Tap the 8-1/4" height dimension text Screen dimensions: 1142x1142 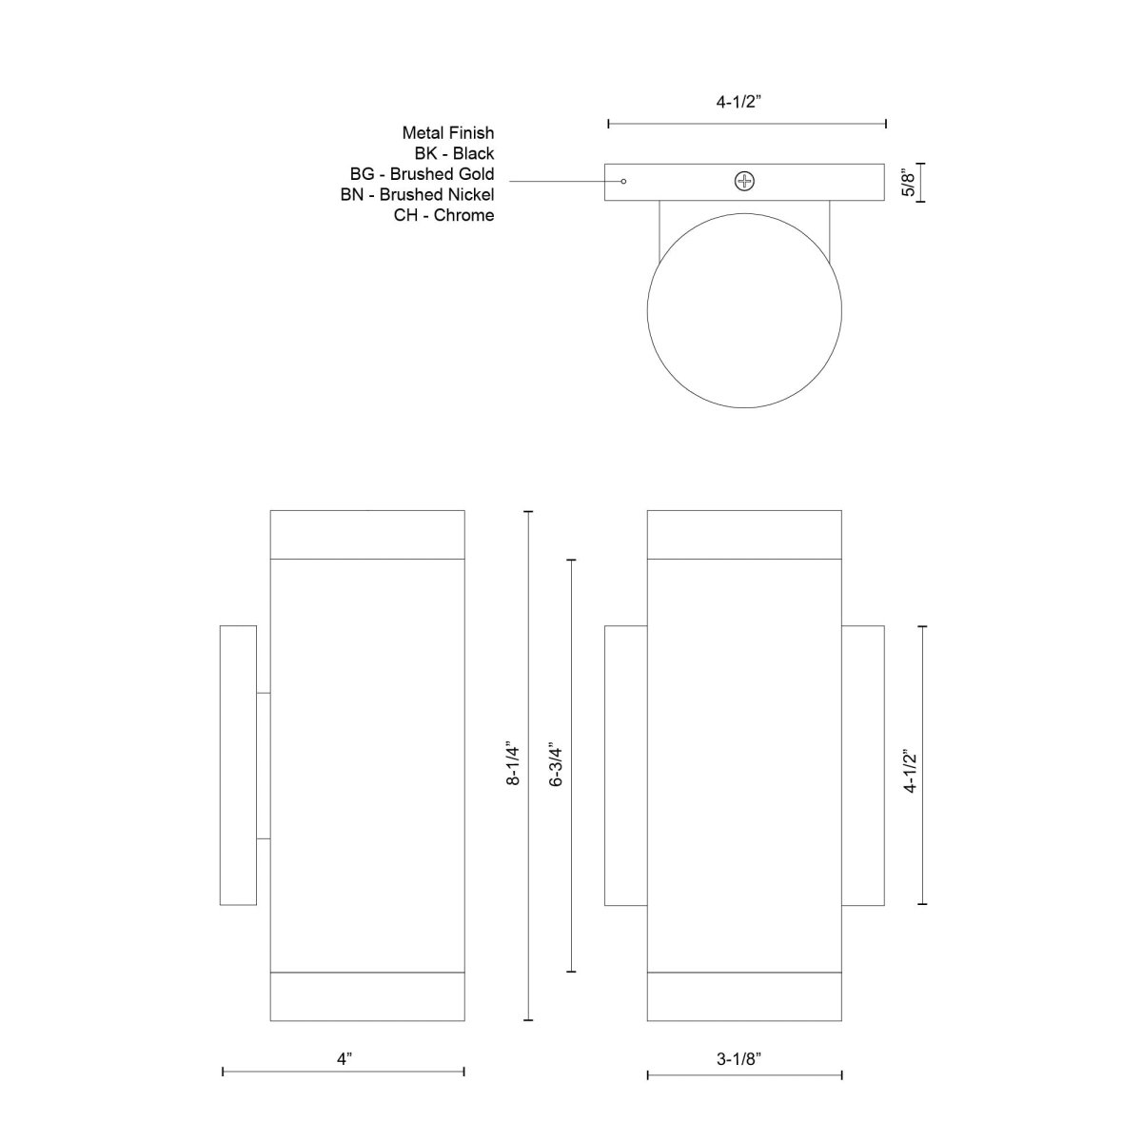(x=514, y=763)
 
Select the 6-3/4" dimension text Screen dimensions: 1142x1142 (x=557, y=763)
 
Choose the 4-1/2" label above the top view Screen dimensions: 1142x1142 (x=746, y=102)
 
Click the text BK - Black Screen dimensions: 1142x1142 (x=454, y=153)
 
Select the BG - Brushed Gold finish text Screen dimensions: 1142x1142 (x=422, y=174)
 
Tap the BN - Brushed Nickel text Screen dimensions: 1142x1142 (x=417, y=195)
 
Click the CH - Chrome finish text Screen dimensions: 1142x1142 (x=443, y=216)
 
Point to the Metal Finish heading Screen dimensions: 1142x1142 (x=447, y=133)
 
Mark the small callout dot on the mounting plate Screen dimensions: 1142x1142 (x=624, y=181)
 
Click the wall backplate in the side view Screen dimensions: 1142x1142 (x=238, y=765)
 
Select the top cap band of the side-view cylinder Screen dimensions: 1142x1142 (x=367, y=534)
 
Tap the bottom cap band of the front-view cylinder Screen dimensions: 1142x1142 (x=744, y=996)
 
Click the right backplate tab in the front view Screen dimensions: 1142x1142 (x=863, y=765)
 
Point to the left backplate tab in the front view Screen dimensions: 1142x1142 (x=625, y=765)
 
